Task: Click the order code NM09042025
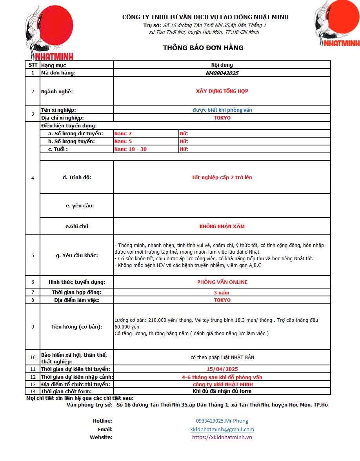(x=222, y=73)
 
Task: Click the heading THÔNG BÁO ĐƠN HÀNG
(x=203, y=48)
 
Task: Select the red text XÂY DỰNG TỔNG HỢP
(x=222, y=91)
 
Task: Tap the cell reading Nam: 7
(x=123, y=134)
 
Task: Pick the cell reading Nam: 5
(x=123, y=142)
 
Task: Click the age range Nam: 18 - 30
(x=130, y=149)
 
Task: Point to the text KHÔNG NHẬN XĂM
(x=222, y=227)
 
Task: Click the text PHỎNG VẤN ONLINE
(x=222, y=282)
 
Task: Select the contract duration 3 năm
(x=222, y=292)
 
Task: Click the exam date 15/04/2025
(x=222, y=369)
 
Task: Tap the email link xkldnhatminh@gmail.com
(x=222, y=430)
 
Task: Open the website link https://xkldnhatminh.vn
(x=222, y=437)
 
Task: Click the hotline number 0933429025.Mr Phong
(x=222, y=421)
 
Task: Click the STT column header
(x=33, y=65)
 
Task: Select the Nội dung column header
(x=222, y=65)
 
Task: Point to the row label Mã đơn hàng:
(x=58, y=73)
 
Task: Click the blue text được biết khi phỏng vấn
(x=222, y=110)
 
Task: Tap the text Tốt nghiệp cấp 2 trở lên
(x=222, y=178)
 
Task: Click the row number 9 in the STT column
(x=33, y=327)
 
